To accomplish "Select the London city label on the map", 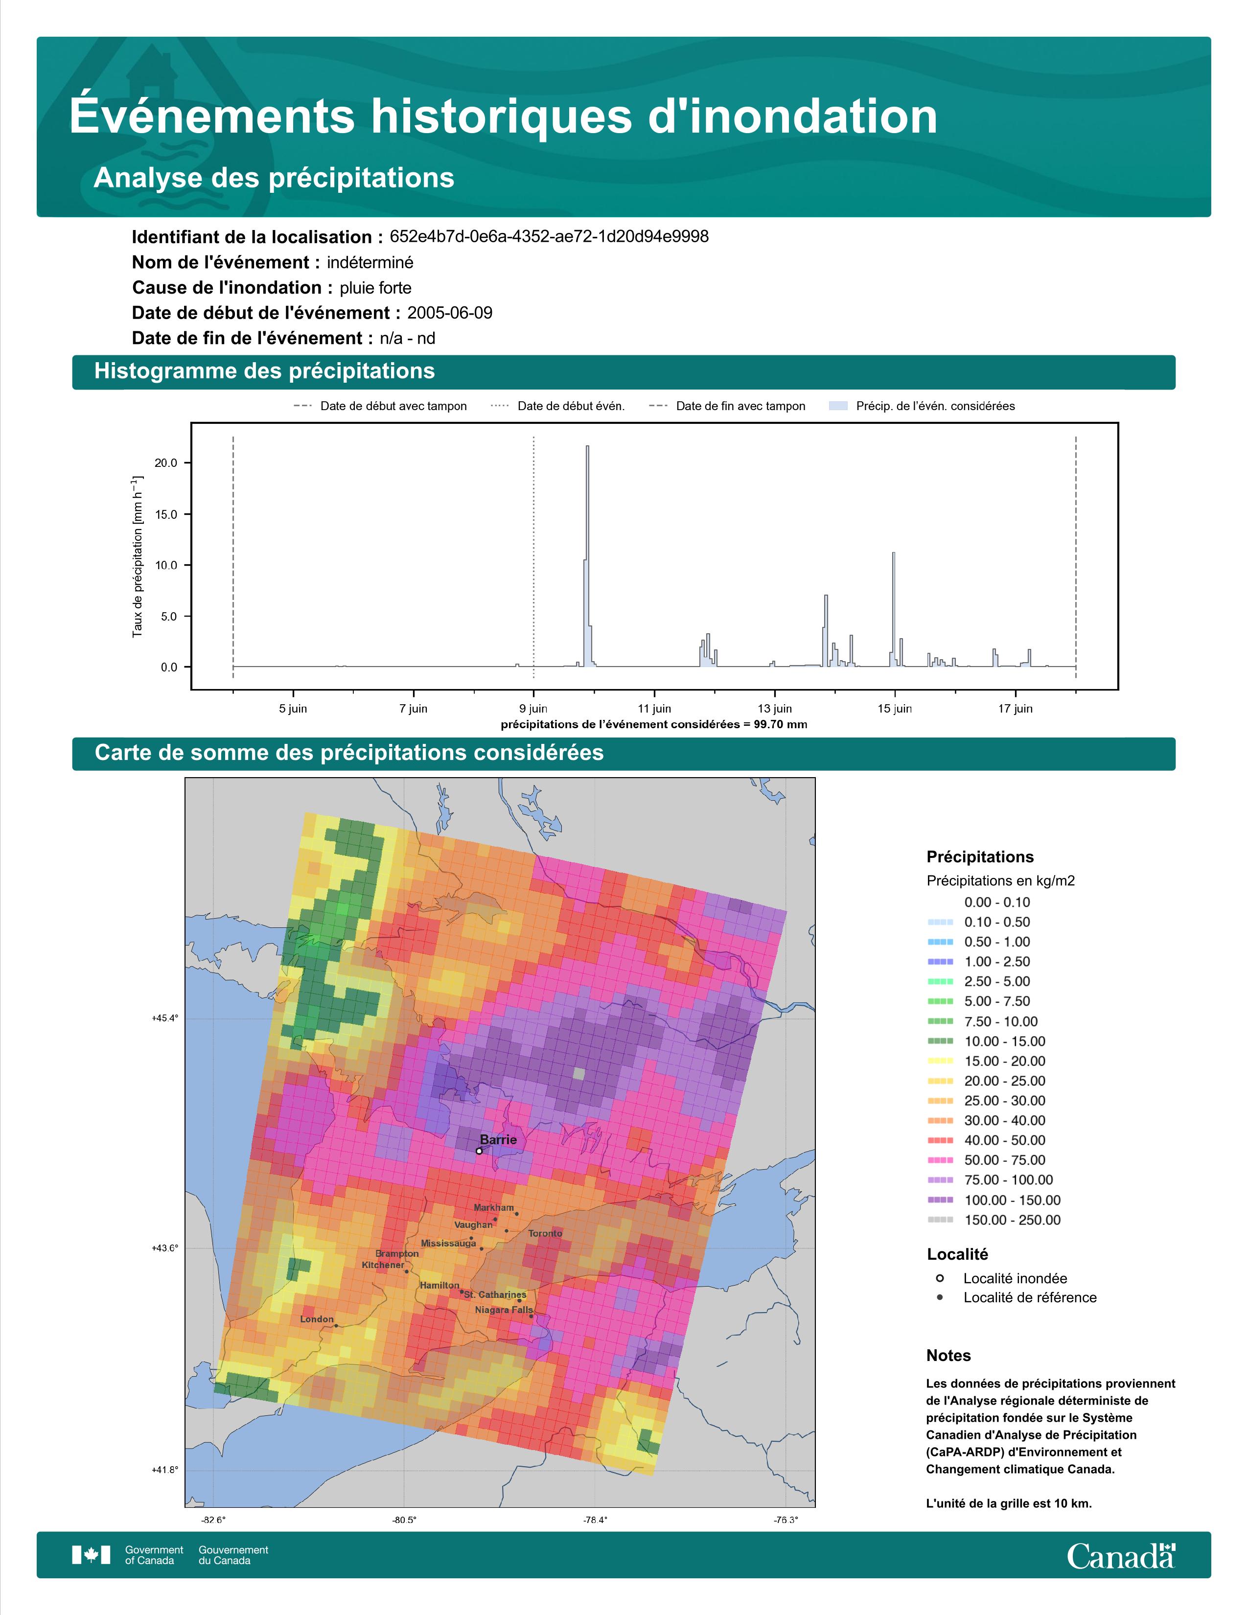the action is point(317,1318).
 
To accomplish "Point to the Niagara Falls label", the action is point(504,1310).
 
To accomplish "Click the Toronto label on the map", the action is point(545,1233).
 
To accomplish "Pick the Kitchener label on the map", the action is point(383,1265).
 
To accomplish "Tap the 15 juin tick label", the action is point(895,709).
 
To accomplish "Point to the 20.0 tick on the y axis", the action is point(165,463).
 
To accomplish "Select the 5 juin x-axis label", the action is point(293,709).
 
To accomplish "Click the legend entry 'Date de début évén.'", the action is point(557,406).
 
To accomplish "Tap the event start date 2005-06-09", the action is point(449,313).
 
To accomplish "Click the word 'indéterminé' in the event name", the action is point(370,262).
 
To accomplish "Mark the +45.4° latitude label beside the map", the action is point(165,1018).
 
